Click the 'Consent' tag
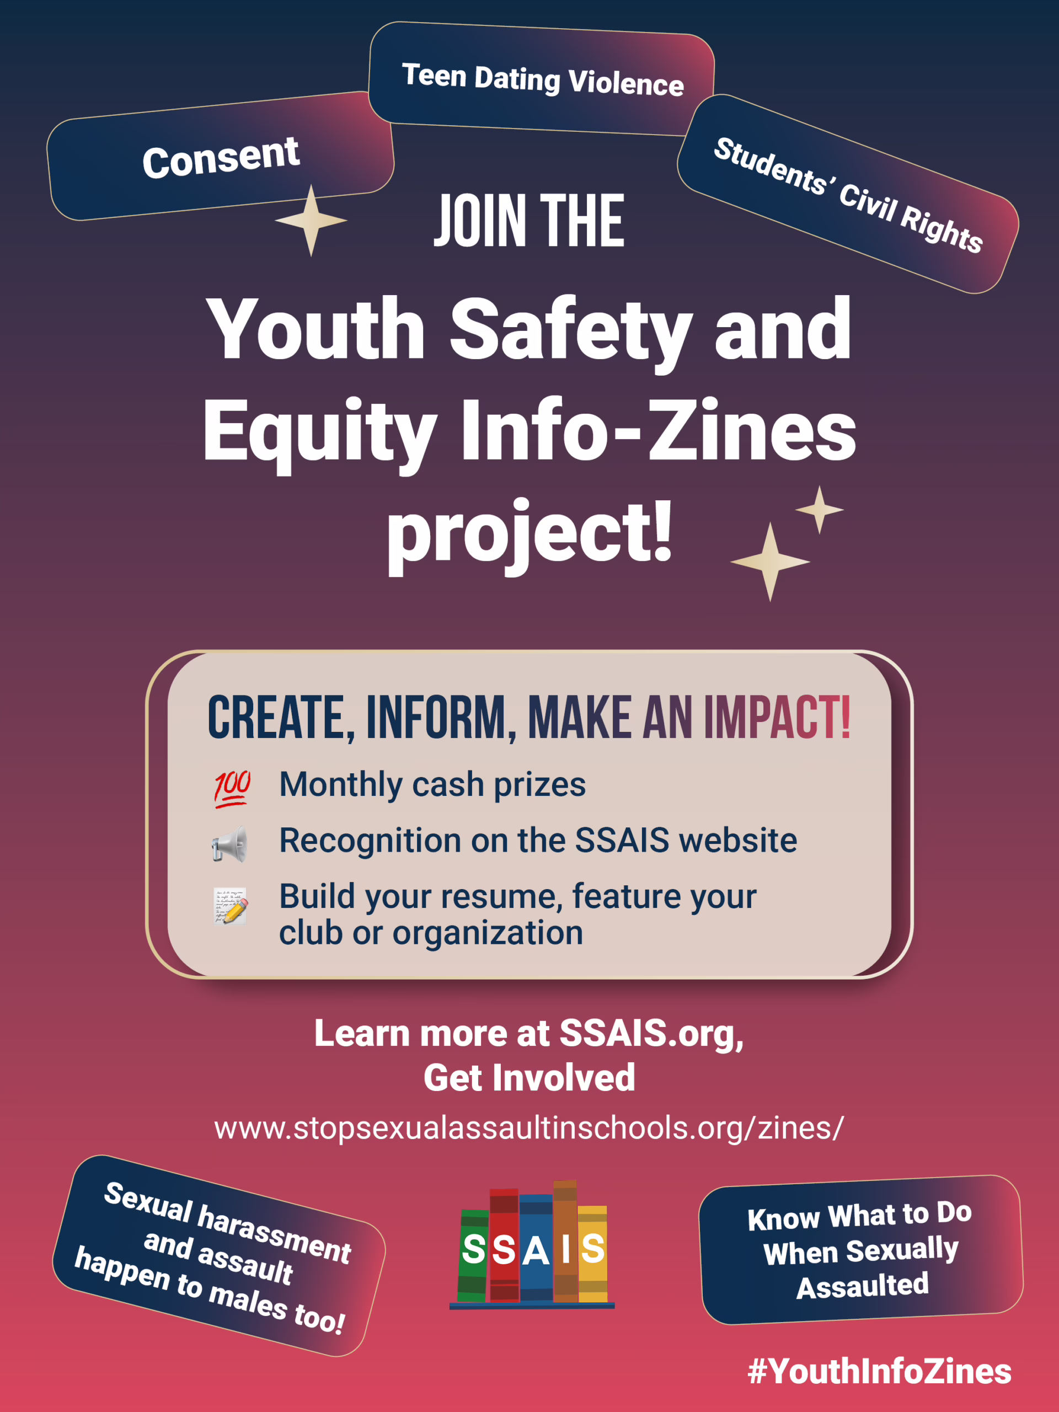221,157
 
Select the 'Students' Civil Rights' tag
848,194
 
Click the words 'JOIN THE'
529,221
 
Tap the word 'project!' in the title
530,534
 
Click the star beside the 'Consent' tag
311,221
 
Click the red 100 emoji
232,789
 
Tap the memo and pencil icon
230,905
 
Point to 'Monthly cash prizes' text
432,784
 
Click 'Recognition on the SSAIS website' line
538,840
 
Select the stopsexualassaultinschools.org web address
529,1128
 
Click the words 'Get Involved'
529,1078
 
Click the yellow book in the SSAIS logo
592,1254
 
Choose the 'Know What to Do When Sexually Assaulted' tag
860,1250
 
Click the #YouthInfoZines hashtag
880,1371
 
